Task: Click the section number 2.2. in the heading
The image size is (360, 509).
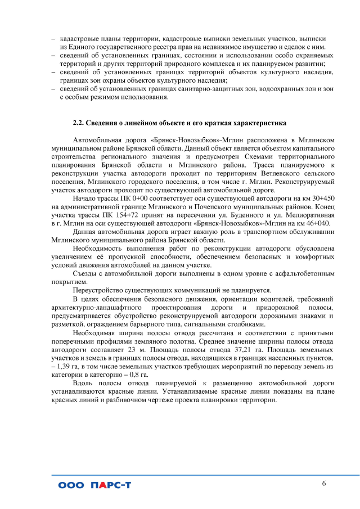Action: pyautogui.click(x=79, y=122)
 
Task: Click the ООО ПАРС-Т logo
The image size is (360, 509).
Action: pyautogui.click(x=94, y=485)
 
